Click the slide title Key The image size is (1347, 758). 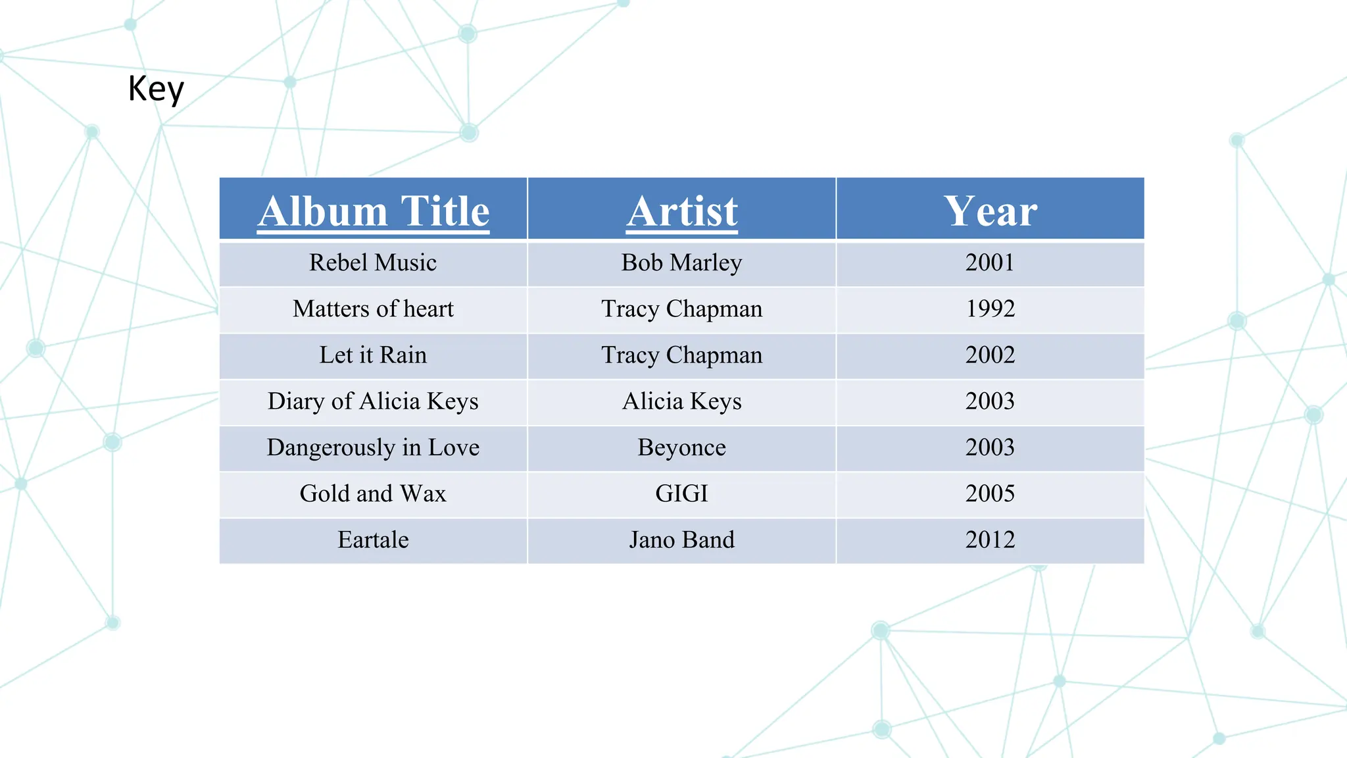point(156,89)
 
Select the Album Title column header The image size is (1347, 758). point(374,211)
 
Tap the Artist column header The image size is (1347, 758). point(682,211)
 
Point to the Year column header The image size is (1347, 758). point(990,211)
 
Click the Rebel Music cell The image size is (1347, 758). point(373,263)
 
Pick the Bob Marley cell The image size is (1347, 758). point(682,263)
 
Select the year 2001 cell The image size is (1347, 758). point(990,263)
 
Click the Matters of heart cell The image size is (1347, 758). point(373,309)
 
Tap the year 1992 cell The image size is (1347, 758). point(990,309)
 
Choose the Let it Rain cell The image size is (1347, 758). point(373,355)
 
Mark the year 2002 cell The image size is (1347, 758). point(990,355)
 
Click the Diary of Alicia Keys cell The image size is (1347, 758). point(373,401)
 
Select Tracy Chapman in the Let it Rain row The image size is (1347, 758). point(682,355)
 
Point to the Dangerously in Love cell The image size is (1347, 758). point(373,447)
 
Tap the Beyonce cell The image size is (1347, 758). point(682,447)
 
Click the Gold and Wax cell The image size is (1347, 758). point(373,493)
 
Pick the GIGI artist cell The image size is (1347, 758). point(682,493)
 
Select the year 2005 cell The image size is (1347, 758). point(990,493)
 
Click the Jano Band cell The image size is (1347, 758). point(682,540)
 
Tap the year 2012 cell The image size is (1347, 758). point(990,540)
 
